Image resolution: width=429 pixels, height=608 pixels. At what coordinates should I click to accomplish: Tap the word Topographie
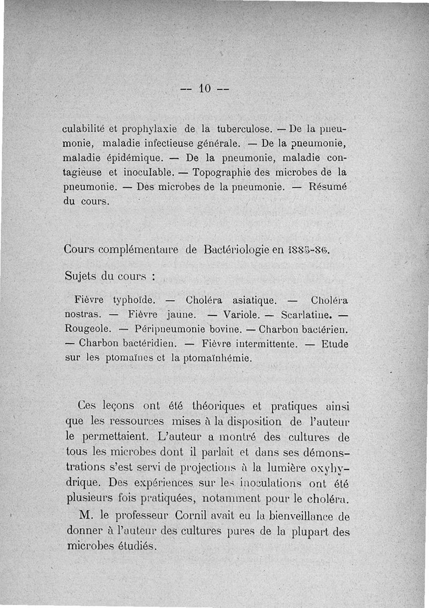[x=223, y=173]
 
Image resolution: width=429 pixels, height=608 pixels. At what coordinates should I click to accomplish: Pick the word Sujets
[x=81, y=276]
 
